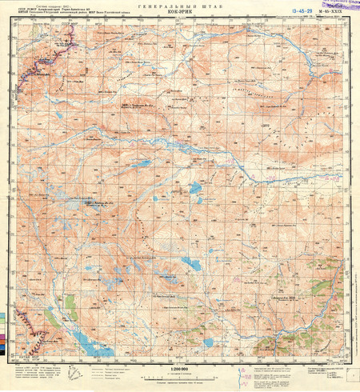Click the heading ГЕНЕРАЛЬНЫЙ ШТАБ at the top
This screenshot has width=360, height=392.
coord(180,6)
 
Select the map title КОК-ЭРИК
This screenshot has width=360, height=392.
coord(180,12)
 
